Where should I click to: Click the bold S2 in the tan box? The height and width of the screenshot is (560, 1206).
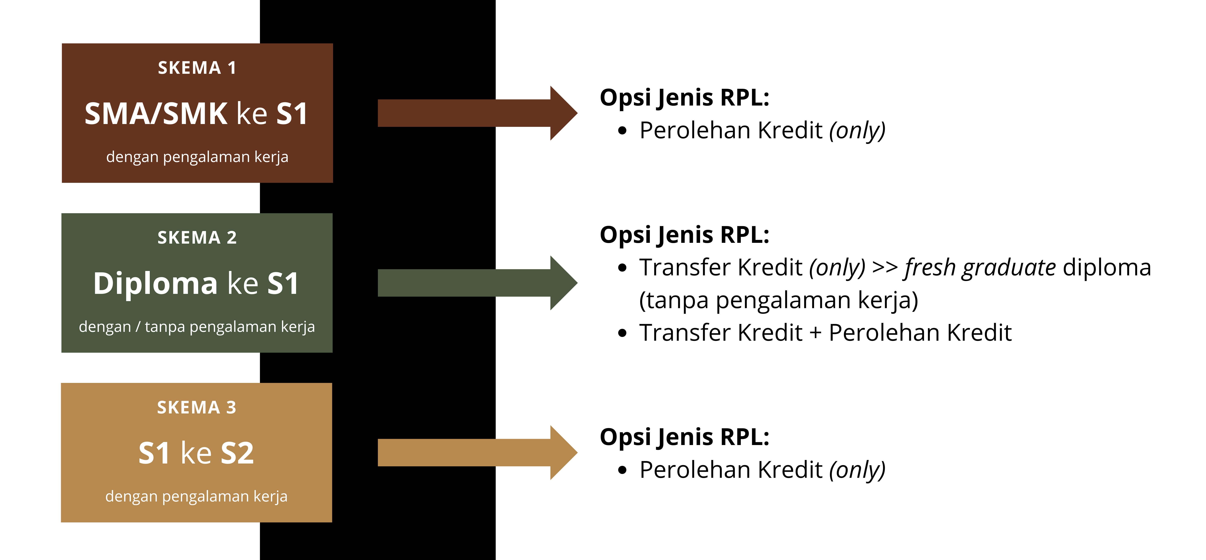click(237, 453)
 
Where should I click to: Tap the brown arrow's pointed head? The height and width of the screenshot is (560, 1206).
click(577, 113)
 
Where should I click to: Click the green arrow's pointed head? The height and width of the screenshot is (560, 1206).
click(577, 283)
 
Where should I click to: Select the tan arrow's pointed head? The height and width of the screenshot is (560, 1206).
click(577, 453)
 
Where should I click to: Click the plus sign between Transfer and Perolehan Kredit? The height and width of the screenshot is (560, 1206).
click(815, 333)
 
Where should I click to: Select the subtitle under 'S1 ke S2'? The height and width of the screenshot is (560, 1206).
click(196, 496)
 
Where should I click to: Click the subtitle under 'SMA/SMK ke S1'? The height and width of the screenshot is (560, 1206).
click(197, 157)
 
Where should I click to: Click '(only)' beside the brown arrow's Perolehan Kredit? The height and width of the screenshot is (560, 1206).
click(857, 131)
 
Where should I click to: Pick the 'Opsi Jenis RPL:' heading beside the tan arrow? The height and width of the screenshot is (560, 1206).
click(684, 437)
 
